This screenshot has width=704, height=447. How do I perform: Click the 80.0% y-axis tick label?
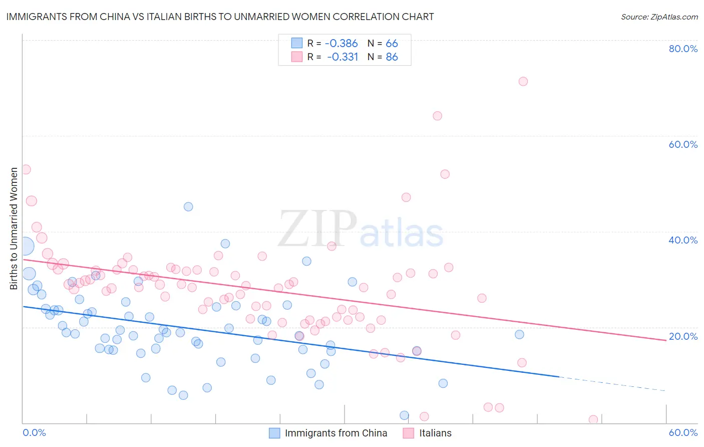[683, 49]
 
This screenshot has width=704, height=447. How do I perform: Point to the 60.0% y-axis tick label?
[683, 144]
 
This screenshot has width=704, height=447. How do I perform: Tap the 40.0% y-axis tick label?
[683, 240]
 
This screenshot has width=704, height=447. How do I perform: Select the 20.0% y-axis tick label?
[683, 336]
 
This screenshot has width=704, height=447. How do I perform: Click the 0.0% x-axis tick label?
[34, 432]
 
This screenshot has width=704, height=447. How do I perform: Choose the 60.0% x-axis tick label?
[683, 432]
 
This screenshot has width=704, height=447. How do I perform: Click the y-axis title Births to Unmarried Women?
[14, 229]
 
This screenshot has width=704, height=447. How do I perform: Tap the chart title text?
[220, 17]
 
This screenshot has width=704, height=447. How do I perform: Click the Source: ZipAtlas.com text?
[659, 17]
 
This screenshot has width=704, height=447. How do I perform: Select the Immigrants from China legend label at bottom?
[336, 433]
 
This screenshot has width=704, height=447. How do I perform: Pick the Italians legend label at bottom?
[435, 433]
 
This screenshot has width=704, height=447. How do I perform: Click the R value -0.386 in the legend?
[341, 44]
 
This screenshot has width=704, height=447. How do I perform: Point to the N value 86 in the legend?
[392, 57]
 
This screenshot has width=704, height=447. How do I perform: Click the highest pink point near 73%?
[523, 81]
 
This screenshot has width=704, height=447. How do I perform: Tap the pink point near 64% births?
[437, 116]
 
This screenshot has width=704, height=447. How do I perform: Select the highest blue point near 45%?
[188, 206]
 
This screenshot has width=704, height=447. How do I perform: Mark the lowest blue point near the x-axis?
[404, 415]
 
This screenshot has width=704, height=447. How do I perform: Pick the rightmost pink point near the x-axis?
[593, 419]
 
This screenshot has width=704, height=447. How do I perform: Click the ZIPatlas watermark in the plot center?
[361, 230]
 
